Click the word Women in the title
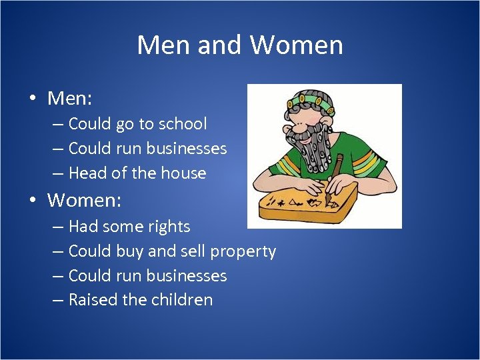tap(297, 45)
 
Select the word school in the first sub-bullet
tap(181, 124)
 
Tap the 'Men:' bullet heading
tap(69, 99)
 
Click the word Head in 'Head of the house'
tap(87, 173)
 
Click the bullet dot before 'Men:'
tap(32, 99)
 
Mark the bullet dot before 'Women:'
tap(32, 200)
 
